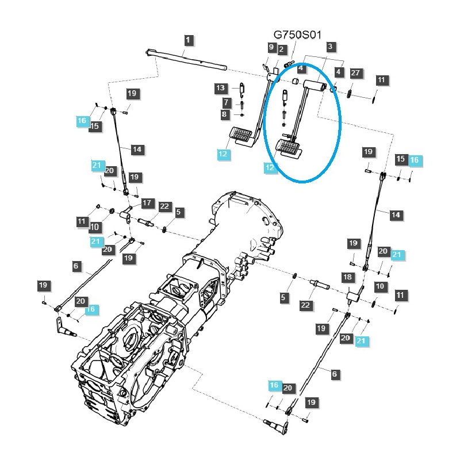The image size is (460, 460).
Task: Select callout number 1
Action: (189, 40)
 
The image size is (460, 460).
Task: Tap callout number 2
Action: (281, 49)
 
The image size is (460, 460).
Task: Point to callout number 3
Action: (329, 47)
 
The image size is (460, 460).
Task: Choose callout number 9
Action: (271, 47)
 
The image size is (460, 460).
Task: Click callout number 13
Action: (221, 88)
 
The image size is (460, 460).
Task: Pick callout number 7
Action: (227, 102)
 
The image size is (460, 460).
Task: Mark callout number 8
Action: (224, 114)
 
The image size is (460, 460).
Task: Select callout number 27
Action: (355, 73)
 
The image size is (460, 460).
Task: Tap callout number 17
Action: (147, 203)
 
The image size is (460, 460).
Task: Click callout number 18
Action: (347, 278)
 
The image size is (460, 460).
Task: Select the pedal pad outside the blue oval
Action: (242, 136)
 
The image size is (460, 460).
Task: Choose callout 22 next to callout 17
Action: (164, 206)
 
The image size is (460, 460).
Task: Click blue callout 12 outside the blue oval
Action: (223, 154)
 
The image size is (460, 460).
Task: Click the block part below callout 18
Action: (354, 297)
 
